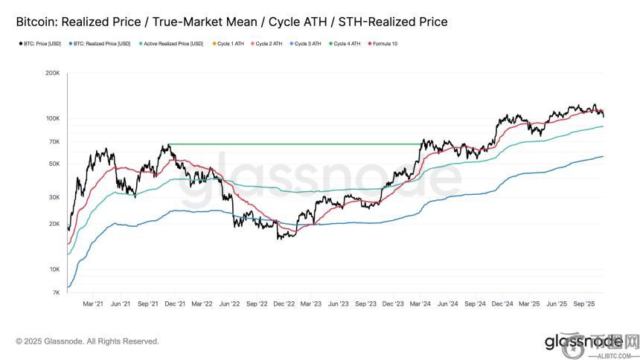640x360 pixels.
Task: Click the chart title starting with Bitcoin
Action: click(231, 22)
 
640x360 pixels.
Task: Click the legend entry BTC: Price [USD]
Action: click(40, 44)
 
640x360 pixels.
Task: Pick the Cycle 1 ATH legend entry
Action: click(230, 44)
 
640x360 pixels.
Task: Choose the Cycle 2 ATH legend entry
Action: click(269, 44)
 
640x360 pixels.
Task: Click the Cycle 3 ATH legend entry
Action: click(307, 44)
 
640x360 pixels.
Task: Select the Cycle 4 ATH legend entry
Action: click(346, 44)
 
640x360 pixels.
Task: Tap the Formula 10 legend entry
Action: click(384, 44)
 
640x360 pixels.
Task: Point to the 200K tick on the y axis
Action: click(52, 74)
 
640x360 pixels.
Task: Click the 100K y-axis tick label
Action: click(52, 119)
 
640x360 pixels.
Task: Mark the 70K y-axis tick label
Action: click(54, 142)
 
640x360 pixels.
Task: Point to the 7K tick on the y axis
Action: click(56, 293)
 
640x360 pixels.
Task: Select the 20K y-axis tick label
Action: click(54, 224)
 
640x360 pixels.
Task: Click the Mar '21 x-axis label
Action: click(93, 303)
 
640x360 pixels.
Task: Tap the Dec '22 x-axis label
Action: click(284, 303)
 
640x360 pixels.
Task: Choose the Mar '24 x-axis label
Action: click(420, 303)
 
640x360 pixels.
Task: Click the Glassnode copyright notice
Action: click(87, 341)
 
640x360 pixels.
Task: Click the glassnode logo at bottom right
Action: click(583, 341)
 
